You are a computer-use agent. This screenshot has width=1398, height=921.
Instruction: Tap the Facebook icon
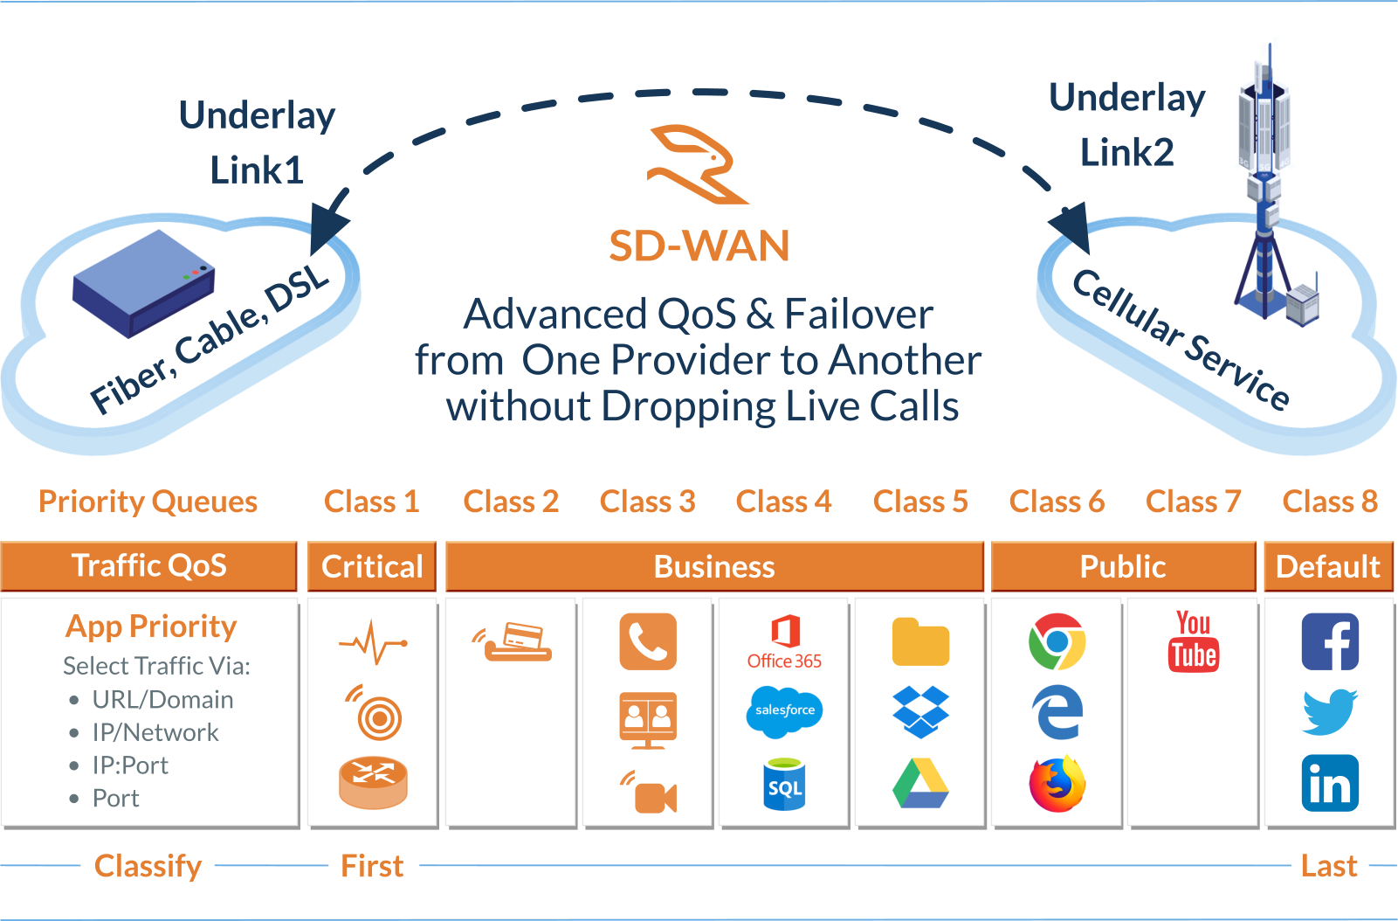[1329, 641]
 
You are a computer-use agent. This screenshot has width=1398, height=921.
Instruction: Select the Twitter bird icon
[1329, 712]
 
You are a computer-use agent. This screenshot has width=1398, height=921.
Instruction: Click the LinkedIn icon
[1329, 783]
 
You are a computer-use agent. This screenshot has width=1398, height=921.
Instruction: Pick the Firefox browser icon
[1057, 785]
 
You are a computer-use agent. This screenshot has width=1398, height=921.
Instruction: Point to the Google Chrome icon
[1057, 641]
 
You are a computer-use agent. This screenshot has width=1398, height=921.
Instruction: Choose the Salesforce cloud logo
[784, 710]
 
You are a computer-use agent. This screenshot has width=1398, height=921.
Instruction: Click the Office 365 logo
[784, 641]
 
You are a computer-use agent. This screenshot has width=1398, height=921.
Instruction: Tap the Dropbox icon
[920, 711]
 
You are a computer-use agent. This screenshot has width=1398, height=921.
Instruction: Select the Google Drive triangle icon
[920, 784]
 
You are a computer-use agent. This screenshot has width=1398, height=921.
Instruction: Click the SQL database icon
[784, 785]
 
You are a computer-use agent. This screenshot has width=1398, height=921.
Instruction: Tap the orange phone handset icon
[648, 641]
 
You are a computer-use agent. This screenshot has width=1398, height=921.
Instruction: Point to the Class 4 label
[783, 502]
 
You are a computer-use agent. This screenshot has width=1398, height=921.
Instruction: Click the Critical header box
[372, 566]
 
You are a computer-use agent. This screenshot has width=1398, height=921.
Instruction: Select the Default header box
[1328, 566]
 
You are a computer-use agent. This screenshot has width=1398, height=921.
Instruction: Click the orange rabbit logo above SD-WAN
[697, 164]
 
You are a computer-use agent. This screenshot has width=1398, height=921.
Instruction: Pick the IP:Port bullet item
[130, 765]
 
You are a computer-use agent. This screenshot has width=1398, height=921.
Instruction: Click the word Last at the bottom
[1329, 866]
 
